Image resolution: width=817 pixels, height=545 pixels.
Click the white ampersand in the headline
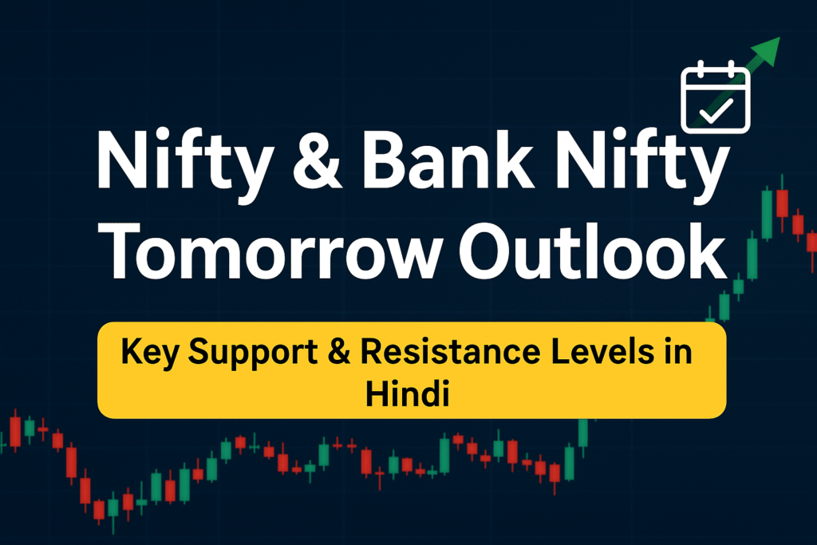(x=318, y=160)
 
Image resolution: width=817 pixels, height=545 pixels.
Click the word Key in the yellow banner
(x=150, y=353)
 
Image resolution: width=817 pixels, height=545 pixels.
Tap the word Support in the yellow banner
(x=253, y=353)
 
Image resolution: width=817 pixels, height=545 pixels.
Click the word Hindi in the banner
(x=407, y=393)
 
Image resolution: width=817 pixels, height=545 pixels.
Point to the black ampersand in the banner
(x=339, y=352)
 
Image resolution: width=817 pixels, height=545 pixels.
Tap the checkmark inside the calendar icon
(x=716, y=110)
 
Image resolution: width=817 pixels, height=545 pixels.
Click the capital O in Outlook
(x=486, y=251)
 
